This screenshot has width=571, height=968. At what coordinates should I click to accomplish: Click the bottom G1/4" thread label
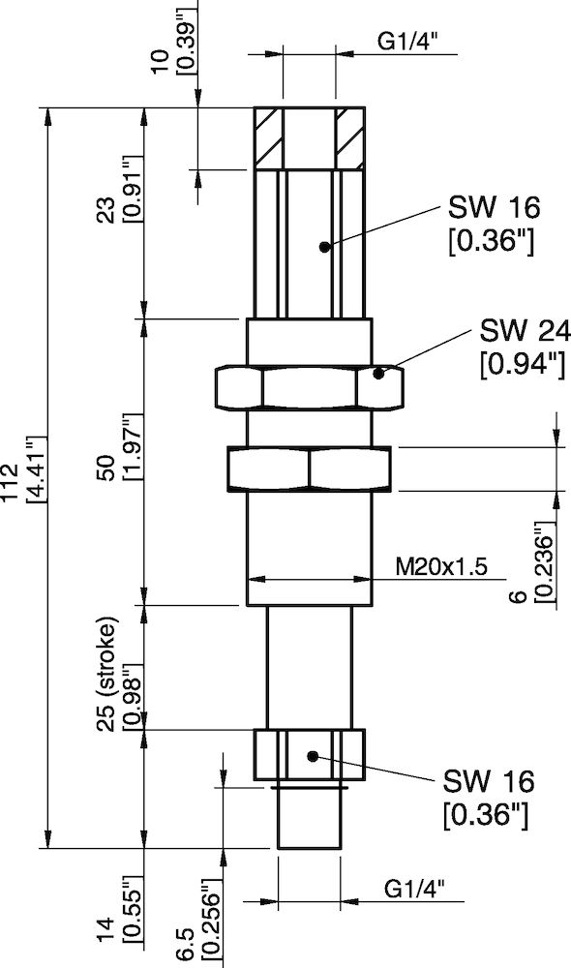click(416, 888)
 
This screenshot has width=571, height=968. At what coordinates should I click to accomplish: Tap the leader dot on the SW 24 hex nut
click(380, 372)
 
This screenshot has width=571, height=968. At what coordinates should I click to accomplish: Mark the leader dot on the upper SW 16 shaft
click(325, 246)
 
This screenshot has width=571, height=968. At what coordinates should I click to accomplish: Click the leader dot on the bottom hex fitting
click(312, 755)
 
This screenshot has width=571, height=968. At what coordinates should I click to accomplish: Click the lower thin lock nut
click(310, 469)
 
